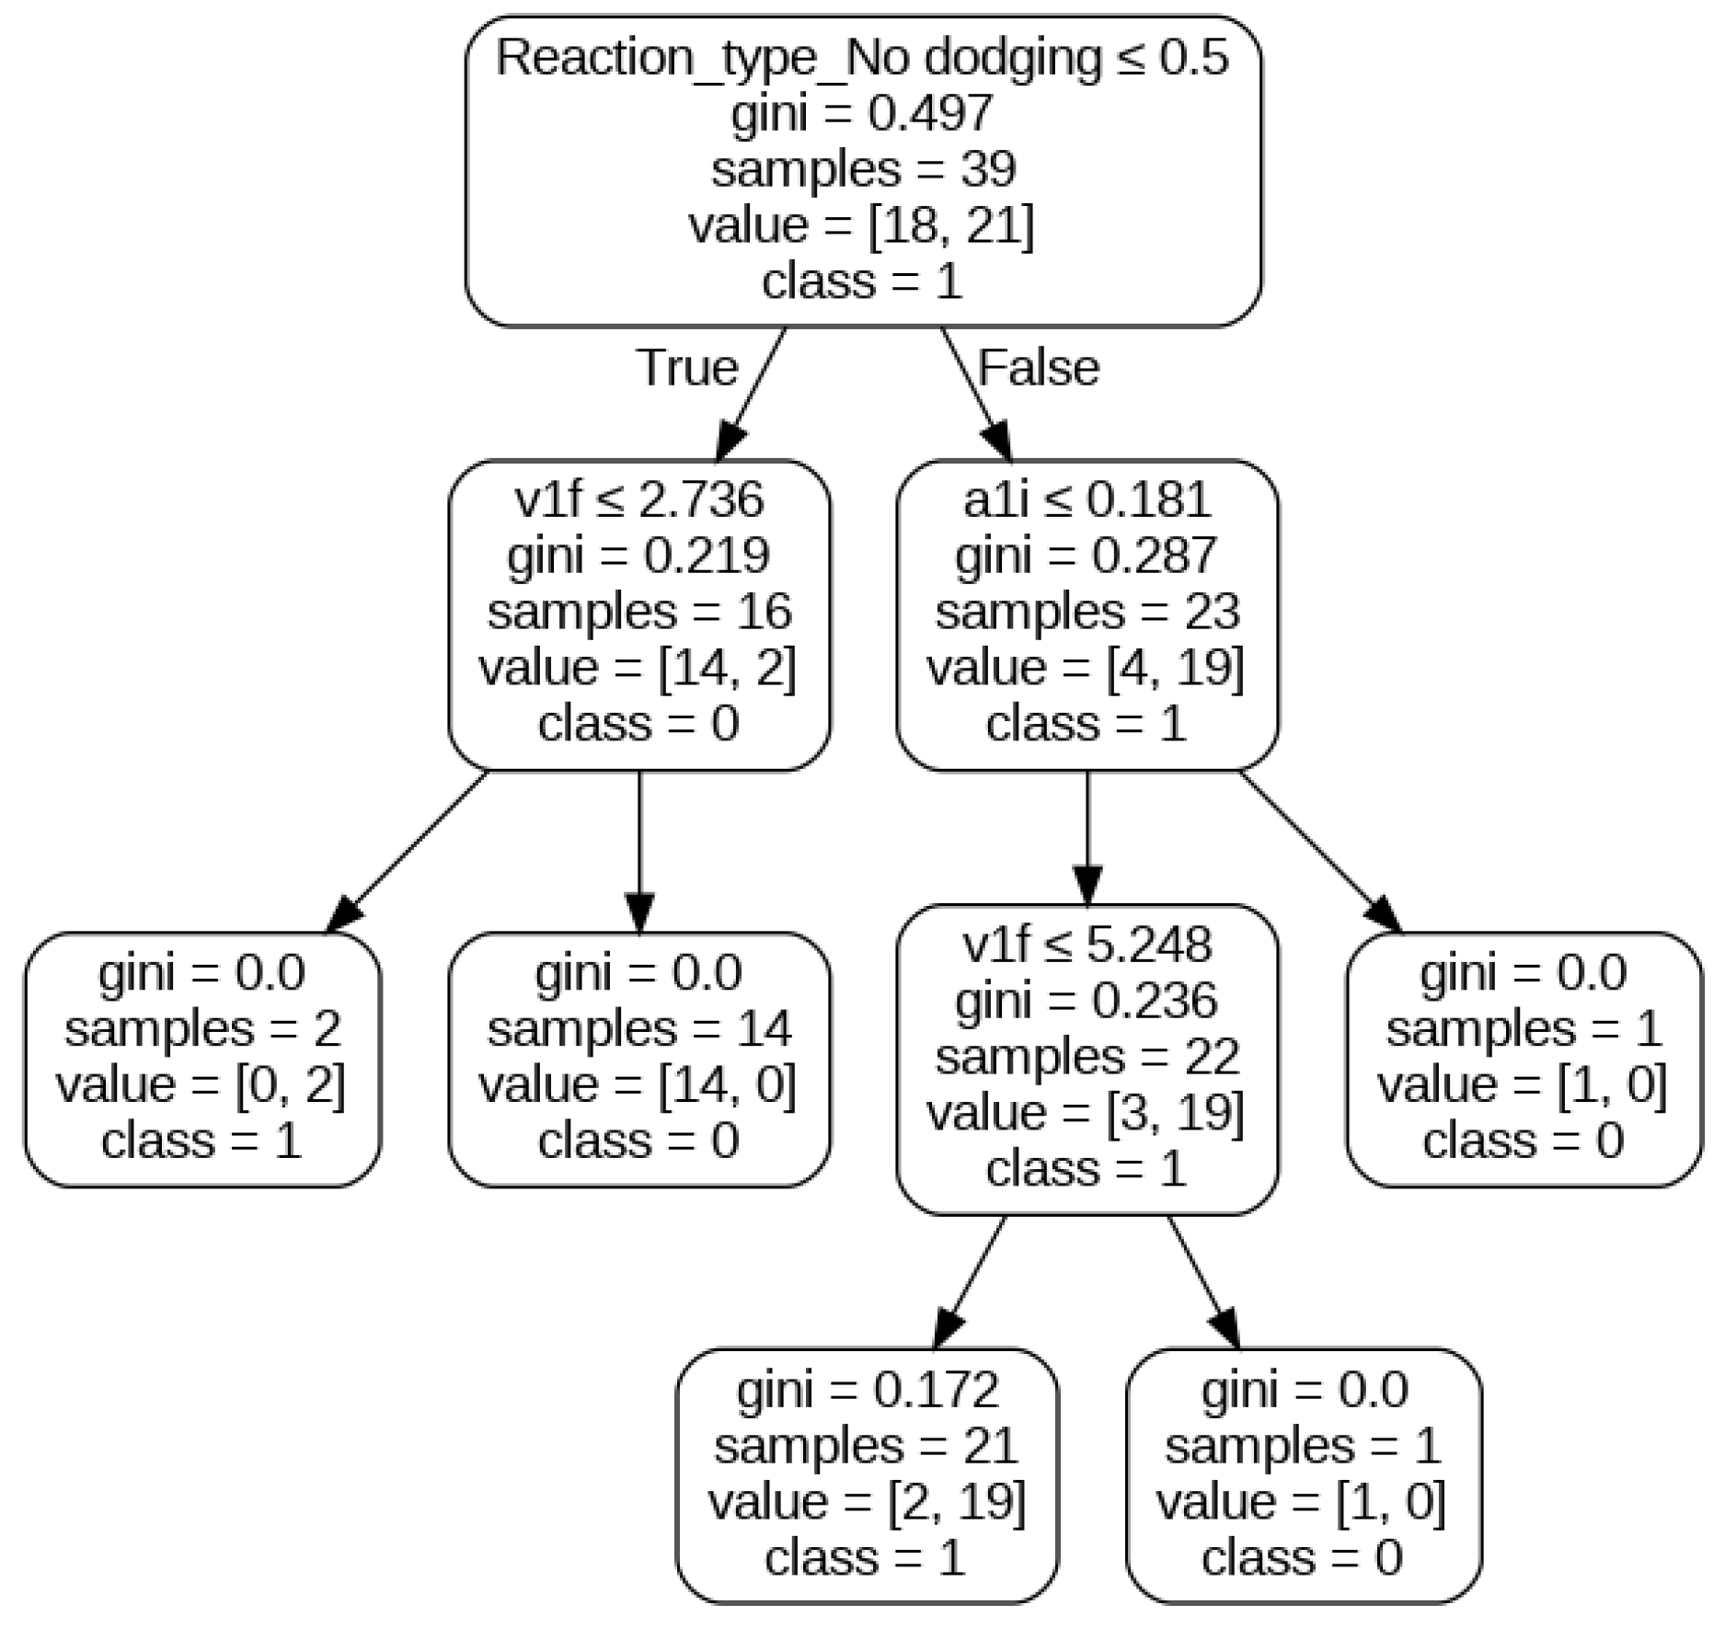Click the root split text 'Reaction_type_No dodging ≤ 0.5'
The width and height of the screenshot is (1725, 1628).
[x=862, y=59]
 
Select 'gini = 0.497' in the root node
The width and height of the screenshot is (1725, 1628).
[x=862, y=114]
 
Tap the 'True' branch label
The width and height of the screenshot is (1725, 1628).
[x=686, y=368]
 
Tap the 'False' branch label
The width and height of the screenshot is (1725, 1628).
[x=1038, y=368]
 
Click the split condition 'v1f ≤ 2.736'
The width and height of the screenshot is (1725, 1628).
[x=638, y=500]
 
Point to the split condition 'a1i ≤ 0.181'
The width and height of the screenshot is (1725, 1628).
[x=1087, y=500]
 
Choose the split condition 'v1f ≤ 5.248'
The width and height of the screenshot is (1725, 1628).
[x=1087, y=945]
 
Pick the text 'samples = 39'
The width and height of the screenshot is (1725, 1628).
[x=862, y=170]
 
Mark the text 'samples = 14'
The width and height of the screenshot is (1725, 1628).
[x=638, y=1028]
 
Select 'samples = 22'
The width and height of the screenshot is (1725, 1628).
[x=1087, y=1056]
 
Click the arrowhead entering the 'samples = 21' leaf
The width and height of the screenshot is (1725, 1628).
[x=948, y=1330]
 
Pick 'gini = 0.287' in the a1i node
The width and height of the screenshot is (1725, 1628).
[x=1087, y=556]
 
